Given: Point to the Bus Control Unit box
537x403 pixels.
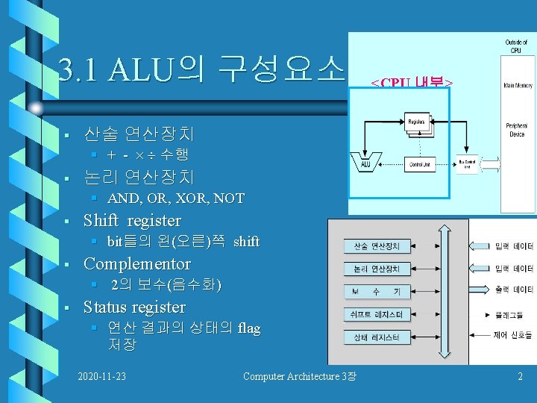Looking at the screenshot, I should point(467,165).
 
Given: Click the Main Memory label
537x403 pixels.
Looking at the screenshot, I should point(516,86).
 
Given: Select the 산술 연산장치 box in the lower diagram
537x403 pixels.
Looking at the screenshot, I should point(377,246).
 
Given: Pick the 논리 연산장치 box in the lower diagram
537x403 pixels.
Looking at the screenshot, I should point(377,269).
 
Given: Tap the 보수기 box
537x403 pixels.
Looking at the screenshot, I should point(377,291).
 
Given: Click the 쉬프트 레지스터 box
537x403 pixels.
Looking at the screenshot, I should point(377,315).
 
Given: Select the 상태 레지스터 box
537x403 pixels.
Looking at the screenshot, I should point(377,338).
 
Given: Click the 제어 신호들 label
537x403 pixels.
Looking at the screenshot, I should point(514,335).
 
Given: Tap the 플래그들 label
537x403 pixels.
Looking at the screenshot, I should point(514,314).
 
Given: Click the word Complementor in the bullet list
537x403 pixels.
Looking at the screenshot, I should point(137,264).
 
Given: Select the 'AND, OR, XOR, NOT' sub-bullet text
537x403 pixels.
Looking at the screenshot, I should point(176,199).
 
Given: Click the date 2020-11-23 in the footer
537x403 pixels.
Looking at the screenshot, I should point(101,376).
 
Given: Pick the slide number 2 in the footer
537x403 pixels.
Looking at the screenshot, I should point(521,376).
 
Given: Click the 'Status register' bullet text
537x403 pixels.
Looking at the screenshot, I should point(134,307).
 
